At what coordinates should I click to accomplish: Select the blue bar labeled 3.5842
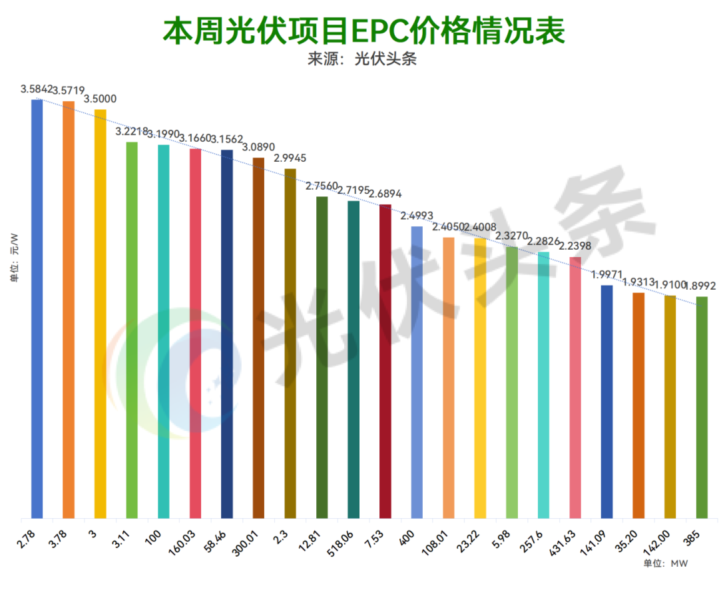[37, 306]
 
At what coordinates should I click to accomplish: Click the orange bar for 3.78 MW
[69, 310]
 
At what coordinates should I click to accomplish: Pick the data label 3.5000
[100, 99]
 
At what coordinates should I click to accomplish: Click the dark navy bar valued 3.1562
[227, 333]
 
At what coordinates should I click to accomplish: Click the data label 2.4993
[417, 216]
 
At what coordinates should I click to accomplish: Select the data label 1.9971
[606, 275]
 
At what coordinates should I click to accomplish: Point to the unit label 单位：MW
[665, 563]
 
